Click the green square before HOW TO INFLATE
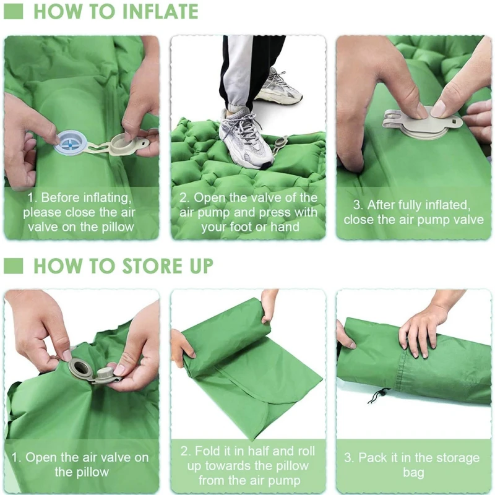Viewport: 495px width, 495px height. (x=13, y=11)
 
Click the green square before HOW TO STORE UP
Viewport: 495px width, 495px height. (x=13, y=266)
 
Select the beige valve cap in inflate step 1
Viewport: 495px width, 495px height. (x=123, y=145)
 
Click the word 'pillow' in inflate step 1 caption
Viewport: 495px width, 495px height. (x=118, y=226)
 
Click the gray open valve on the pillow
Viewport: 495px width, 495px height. (x=83, y=368)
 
